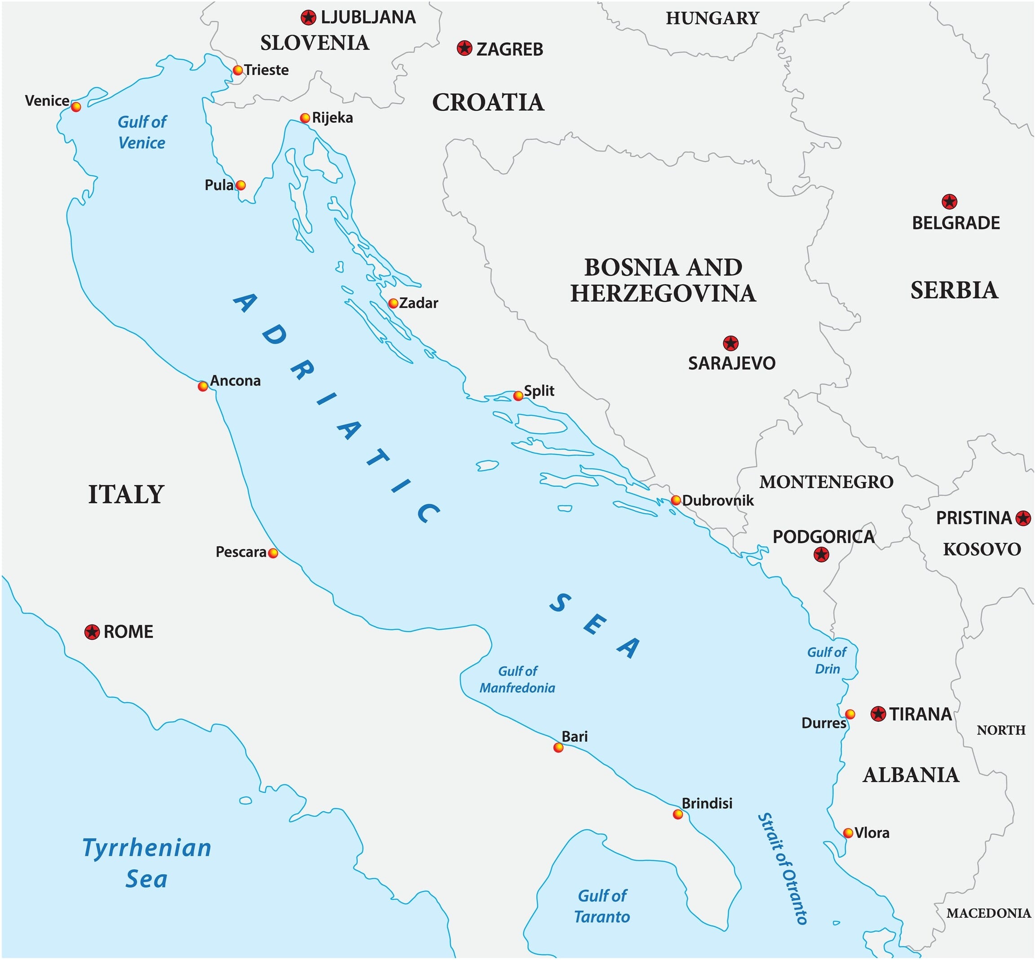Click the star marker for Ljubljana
pyautogui.click(x=308, y=18)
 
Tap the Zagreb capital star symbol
pyautogui.click(x=464, y=48)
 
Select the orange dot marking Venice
pyautogui.click(x=76, y=106)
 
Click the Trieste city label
pyautogui.click(x=266, y=70)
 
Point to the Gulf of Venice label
pyautogui.click(x=142, y=132)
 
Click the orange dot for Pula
pyautogui.click(x=240, y=185)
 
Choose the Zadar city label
pyautogui.click(x=418, y=303)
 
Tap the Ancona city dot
pyautogui.click(x=203, y=386)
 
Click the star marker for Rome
pyautogui.click(x=92, y=632)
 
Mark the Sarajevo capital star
pyautogui.click(x=731, y=343)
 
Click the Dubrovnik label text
pyautogui.click(x=718, y=500)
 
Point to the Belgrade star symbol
pyautogui.click(x=949, y=202)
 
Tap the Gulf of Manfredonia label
pyautogui.click(x=517, y=679)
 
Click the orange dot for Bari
pyautogui.click(x=558, y=748)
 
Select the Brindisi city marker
pyautogui.click(x=678, y=814)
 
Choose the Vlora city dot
pyautogui.click(x=848, y=833)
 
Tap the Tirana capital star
pyautogui.click(x=878, y=714)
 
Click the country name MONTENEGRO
pyautogui.click(x=827, y=482)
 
